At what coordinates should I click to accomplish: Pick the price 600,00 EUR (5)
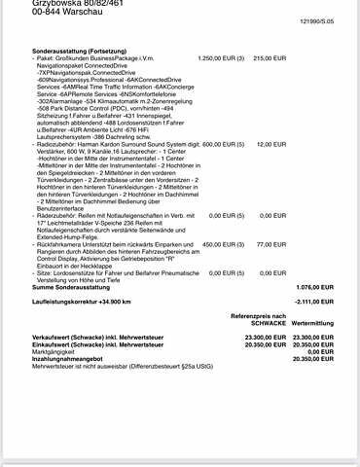point(221,144)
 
